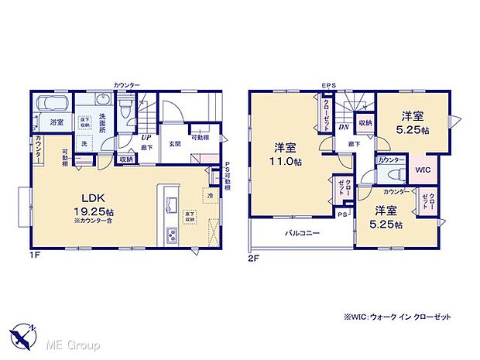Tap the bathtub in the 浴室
[51, 104]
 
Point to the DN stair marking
[341, 129]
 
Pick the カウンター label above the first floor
[126, 84]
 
